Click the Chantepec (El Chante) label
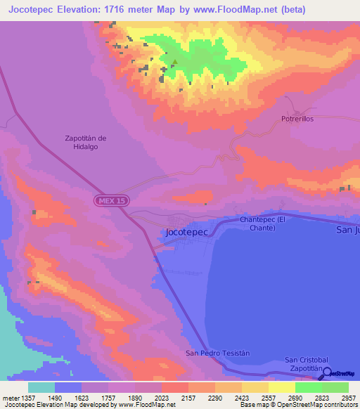click(262, 224)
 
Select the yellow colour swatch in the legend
click(281, 387)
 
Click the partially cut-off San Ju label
click(347, 230)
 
